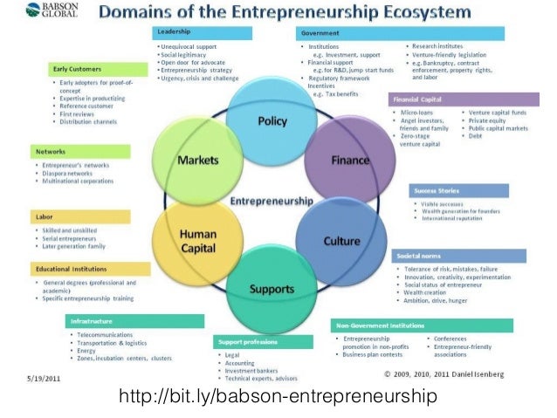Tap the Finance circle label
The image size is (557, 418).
349,161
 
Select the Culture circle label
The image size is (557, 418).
341,240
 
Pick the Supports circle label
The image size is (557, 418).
272,288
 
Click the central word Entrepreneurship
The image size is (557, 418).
271,201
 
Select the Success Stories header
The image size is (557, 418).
467,190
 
